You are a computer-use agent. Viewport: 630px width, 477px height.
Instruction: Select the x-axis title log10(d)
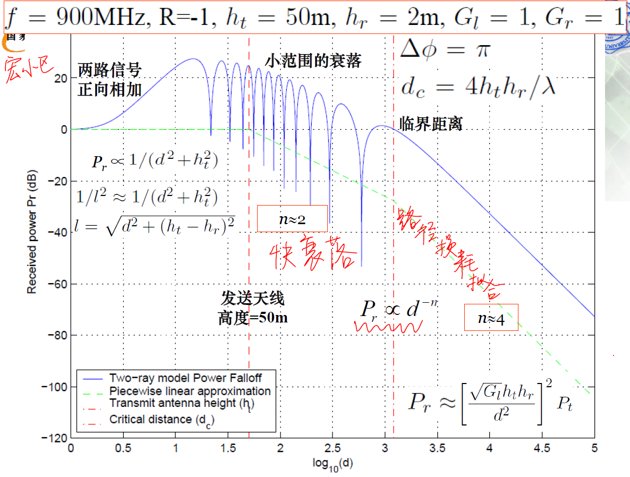click(x=333, y=463)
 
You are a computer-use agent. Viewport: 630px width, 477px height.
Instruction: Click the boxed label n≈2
click(x=293, y=219)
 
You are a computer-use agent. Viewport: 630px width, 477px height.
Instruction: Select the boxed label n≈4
click(x=491, y=318)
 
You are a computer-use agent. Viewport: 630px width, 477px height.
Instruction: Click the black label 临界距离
click(x=430, y=124)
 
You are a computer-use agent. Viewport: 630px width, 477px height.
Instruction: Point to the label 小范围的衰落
click(x=313, y=61)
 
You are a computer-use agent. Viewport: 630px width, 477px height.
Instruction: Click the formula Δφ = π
click(x=445, y=50)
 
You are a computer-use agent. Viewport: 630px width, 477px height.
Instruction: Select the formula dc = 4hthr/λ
click(x=478, y=87)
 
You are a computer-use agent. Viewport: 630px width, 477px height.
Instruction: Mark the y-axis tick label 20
click(x=59, y=78)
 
